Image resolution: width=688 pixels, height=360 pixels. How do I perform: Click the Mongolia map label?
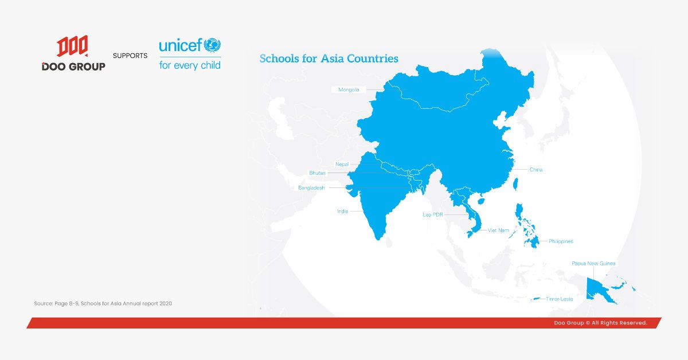pos(349,89)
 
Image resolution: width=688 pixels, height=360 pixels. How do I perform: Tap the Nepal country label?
pos(342,165)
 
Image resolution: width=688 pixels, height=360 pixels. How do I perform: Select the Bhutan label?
pos(317,173)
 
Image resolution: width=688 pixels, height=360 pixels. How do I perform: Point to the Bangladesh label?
pos(311,187)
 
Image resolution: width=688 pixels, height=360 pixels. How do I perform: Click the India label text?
pos(342,212)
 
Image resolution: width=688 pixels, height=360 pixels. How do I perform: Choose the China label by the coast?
pos(535,170)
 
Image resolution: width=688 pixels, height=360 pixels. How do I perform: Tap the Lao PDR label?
pos(432,214)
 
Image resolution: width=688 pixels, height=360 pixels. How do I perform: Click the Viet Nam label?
pos(498,230)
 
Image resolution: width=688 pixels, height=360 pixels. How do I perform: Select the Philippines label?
pos(560,241)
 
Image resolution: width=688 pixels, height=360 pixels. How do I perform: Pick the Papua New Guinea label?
pos(593,264)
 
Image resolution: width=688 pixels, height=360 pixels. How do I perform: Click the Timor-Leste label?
pos(559,299)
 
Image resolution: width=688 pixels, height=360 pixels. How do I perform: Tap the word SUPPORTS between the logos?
pos(130,56)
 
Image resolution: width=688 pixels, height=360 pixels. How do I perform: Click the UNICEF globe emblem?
pos(212,45)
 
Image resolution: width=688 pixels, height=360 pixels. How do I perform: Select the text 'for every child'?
pos(189,65)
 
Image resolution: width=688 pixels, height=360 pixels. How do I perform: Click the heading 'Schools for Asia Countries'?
pos(329,58)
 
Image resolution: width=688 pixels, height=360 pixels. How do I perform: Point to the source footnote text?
pos(103,303)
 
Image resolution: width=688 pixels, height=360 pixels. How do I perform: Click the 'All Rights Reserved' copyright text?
pos(600,323)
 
